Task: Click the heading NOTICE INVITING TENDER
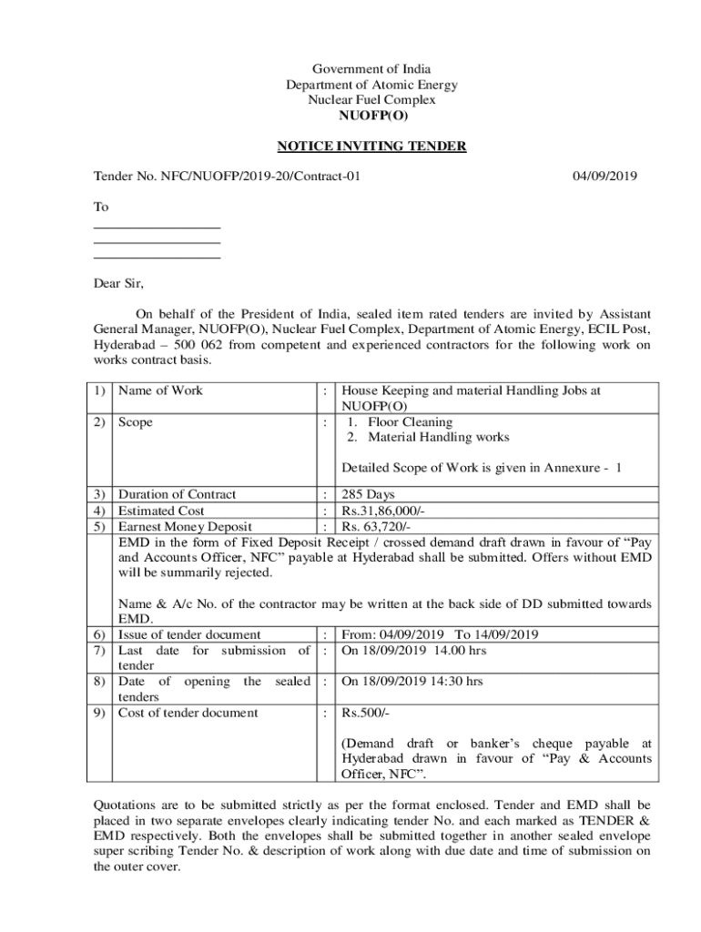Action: click(x=371, y=146)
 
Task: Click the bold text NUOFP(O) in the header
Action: click(x=371, y=116)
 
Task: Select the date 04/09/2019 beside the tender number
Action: click(x=604, y=176)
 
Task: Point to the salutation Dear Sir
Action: click(x=119, y=282)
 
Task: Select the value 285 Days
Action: click(x=367, y=495)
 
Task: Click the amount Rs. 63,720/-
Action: click(x=376, y=526)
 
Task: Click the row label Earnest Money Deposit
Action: click(x=186, y=526)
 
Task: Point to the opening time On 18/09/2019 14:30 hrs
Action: click(x=411, y=681)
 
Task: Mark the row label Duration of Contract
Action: click(x=178, y=495)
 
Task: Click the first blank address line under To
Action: click(x=157, y=227)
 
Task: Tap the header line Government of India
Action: click(x=371, y=69)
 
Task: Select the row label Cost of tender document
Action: click(x=188, y=713)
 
